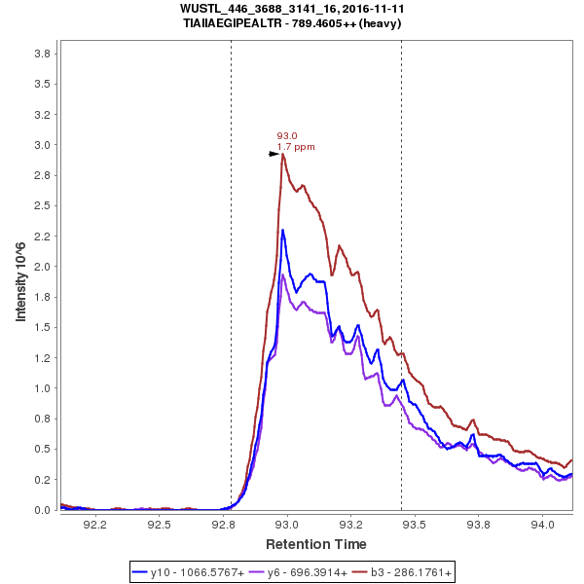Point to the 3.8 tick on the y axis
42,54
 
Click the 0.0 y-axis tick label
42,510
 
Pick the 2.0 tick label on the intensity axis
42,267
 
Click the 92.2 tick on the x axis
95,524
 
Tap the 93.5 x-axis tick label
415,524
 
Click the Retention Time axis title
316,543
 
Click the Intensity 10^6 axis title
20,281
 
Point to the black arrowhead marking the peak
274,154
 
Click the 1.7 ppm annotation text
296,147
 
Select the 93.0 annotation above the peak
287,136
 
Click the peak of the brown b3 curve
282,154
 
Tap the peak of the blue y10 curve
282,231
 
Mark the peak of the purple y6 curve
282,274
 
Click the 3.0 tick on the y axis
42,145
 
